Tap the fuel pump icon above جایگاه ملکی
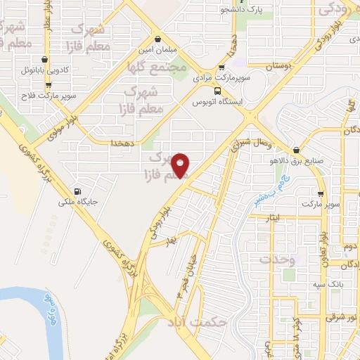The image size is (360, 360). [77, 191]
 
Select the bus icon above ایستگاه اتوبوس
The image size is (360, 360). [218, 90]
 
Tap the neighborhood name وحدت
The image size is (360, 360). [274, 259]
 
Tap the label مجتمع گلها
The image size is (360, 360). [157, 69]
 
